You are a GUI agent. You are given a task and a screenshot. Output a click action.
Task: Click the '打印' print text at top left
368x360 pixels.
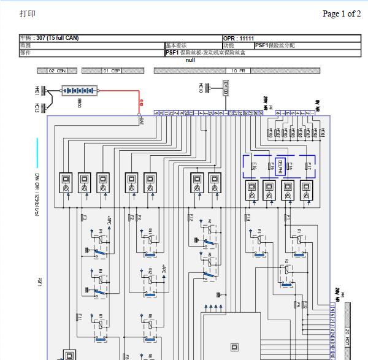coord(28,13)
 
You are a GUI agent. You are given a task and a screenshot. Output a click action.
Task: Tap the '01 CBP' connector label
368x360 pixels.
coord(111,71)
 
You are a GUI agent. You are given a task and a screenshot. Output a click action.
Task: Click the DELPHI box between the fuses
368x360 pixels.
coord(281,166)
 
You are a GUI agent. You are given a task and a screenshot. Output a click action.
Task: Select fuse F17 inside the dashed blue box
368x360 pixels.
coord(310,166)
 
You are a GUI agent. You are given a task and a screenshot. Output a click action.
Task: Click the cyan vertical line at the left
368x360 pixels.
coord(37,153)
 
